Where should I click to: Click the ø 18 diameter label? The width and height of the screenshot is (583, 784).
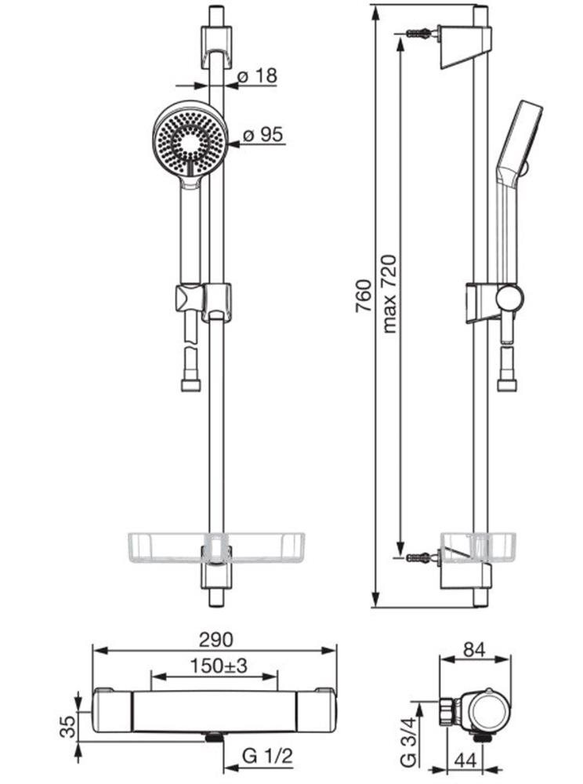click(x=257, y=76)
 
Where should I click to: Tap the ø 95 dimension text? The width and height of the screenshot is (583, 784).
click(x=263, y=135)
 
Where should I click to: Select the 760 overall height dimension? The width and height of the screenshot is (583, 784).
click(x=364, y=296)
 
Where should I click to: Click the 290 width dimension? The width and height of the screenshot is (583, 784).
click(x=215, y=640)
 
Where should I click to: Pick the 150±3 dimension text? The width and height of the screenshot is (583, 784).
click(x=219, y=666)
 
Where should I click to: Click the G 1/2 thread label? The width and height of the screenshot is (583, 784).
click(x=267, y=756)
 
